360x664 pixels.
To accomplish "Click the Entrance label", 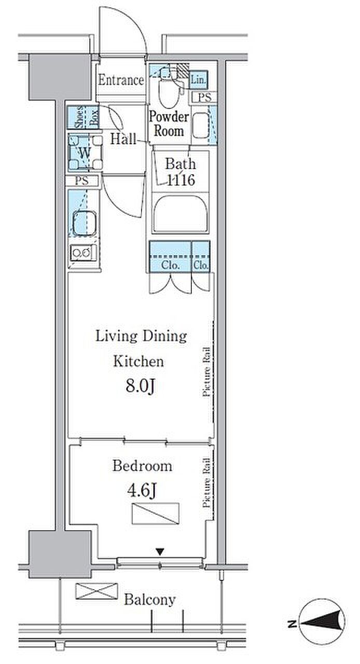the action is (121, 80).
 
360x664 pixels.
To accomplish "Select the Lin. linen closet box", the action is (198, 79).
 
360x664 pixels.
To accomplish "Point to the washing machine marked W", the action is (86, 153).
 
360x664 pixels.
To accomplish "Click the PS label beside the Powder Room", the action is (204, 97).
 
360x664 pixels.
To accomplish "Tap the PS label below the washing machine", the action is (82, 181).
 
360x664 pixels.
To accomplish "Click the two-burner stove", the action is (84, 253).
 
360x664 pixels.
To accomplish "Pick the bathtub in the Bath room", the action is (181, 213).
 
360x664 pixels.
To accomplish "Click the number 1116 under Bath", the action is (181, 179).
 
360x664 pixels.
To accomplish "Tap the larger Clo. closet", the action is (170, 257).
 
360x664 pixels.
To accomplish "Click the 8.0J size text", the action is (141, 386).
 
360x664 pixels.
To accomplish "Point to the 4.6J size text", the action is (142, 491).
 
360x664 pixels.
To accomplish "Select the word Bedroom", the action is (142, 466).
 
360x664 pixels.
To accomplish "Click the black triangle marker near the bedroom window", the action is (160, 552).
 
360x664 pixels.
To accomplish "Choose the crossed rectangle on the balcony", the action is (96, 591).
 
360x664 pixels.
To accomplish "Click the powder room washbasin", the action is (201, 126).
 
